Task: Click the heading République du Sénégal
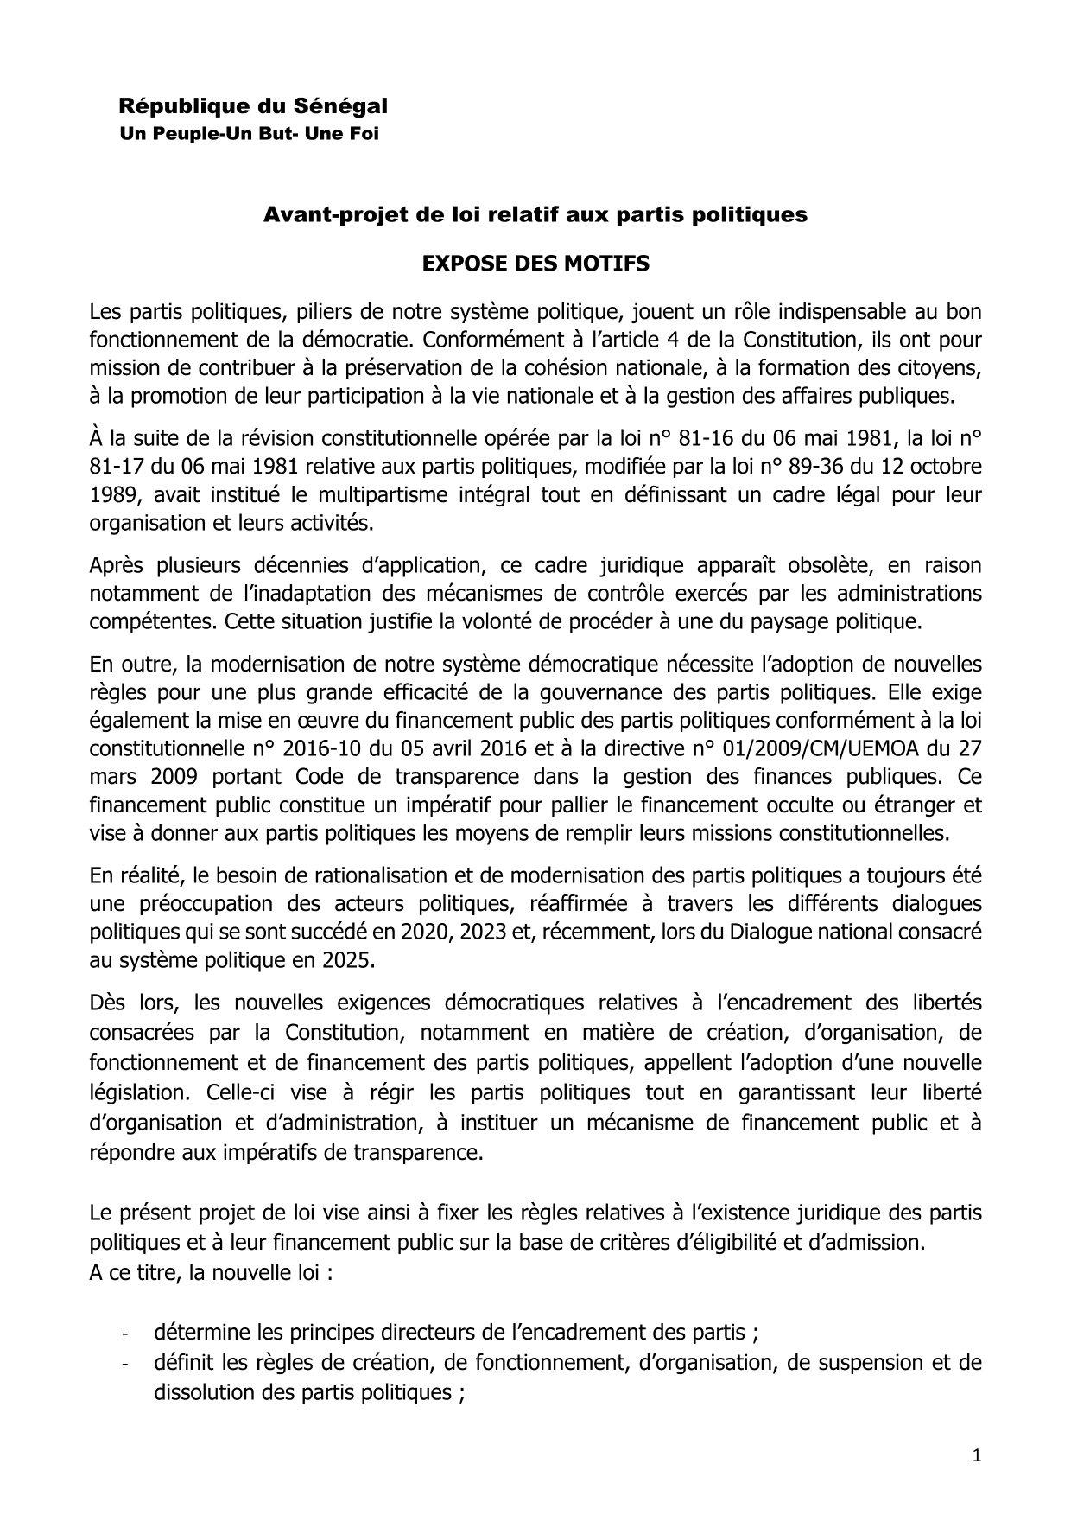click(252, 106)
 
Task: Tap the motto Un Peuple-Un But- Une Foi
click(249, 135)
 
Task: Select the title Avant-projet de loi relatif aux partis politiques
click(535, 215)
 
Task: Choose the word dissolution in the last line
click(210, 1392)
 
